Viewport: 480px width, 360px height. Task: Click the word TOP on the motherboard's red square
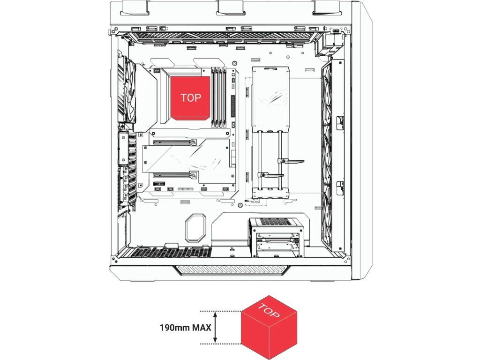(x=191, y=97)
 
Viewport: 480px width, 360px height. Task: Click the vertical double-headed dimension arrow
(x=215, y=327)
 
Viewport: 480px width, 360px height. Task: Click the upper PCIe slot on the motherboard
(x=190, y=141)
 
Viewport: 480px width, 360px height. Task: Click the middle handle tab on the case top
(x=232, y=7)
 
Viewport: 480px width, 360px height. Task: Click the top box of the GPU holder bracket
(x=271, y=98)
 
